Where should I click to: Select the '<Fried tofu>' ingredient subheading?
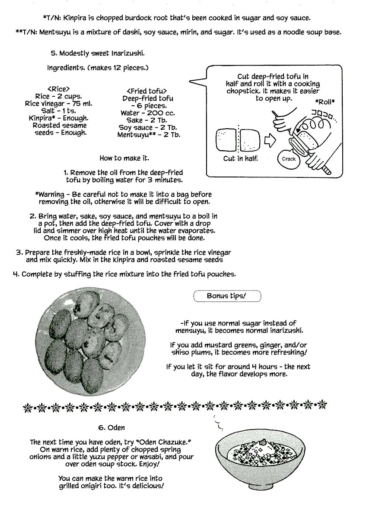click(147, 91)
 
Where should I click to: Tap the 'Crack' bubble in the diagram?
click(289, 159)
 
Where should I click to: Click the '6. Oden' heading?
click(111, 428)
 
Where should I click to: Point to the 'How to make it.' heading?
click(124, 158)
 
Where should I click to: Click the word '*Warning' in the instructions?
click(49, 195)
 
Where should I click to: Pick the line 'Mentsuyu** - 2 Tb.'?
click(149, 135)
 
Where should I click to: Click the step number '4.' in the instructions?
click(16, 274)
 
